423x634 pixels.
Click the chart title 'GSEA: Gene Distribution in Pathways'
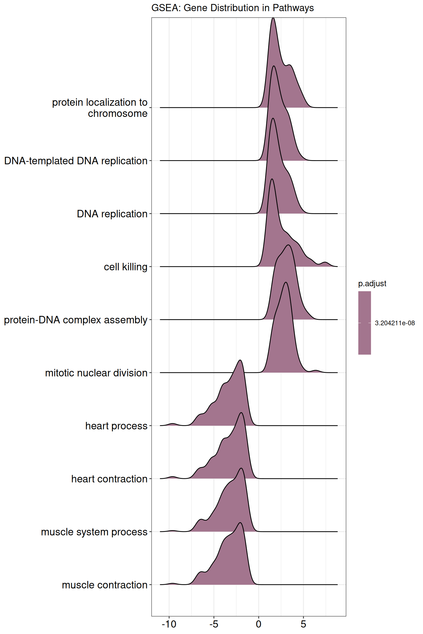[x=232, y=8]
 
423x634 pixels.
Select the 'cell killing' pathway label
[x=126, y=267]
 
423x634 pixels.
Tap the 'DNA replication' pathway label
[x=112, y=214]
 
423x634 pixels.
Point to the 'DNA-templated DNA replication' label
[x=76, y=161]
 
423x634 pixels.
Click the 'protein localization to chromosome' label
[x=100, y=108]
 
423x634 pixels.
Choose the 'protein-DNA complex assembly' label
[x=76, y=320]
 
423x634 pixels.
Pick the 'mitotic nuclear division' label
[x=96, y=373]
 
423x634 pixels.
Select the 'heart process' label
[x=116, y=426]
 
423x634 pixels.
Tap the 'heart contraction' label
[x=109, y=479]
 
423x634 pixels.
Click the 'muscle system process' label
[x=94, y=532]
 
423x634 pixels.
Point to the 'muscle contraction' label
[x=105, y=585]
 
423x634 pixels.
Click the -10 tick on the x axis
[x=169, y=624]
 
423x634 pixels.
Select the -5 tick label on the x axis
[x=214, y=624]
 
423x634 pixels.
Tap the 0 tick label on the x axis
[x=259, y=624]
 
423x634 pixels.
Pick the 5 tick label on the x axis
[x=303, y=624]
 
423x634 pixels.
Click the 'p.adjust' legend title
[x=372, y=283]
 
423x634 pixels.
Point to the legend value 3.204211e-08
[x=395, y=323]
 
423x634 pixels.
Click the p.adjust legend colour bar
[x=365, y=323]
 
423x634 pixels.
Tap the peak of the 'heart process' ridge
[x=240, y=360]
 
